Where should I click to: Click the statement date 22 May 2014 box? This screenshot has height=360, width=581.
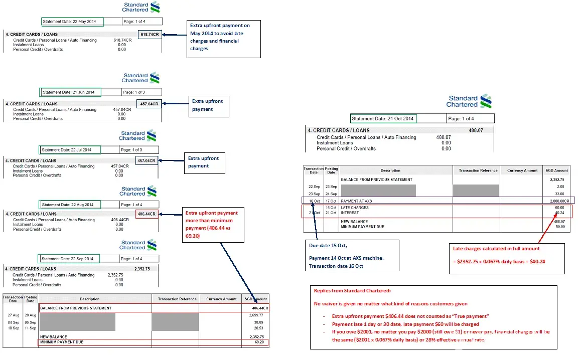[x=72, y=22]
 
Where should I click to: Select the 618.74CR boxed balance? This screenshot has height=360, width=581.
[x=150, y=35]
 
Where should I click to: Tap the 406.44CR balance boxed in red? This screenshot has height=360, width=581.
[x=147, y=214]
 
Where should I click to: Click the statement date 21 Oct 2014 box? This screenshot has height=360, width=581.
[x=383, y=119]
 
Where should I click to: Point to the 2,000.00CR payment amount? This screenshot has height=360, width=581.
[x=557, y=201]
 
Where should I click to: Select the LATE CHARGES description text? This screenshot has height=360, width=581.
[x=355, y=208]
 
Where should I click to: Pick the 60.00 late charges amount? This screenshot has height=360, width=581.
[x=559, y=208]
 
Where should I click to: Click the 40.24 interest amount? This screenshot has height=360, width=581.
[x=560, y=213]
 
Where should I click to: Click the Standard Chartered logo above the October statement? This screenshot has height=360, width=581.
[x=469, y=102]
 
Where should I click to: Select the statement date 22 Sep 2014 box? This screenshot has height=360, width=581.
[x=69, y=259]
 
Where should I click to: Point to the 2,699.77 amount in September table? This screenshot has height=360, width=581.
[x=256, y=315]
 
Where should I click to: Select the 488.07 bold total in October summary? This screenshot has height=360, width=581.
[x=475, y=130]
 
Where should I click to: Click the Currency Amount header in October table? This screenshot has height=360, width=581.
[x=523, y=170]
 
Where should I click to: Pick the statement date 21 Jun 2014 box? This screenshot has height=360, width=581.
[x=70, y=92]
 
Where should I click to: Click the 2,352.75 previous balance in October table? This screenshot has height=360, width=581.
[x=557, y=179]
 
